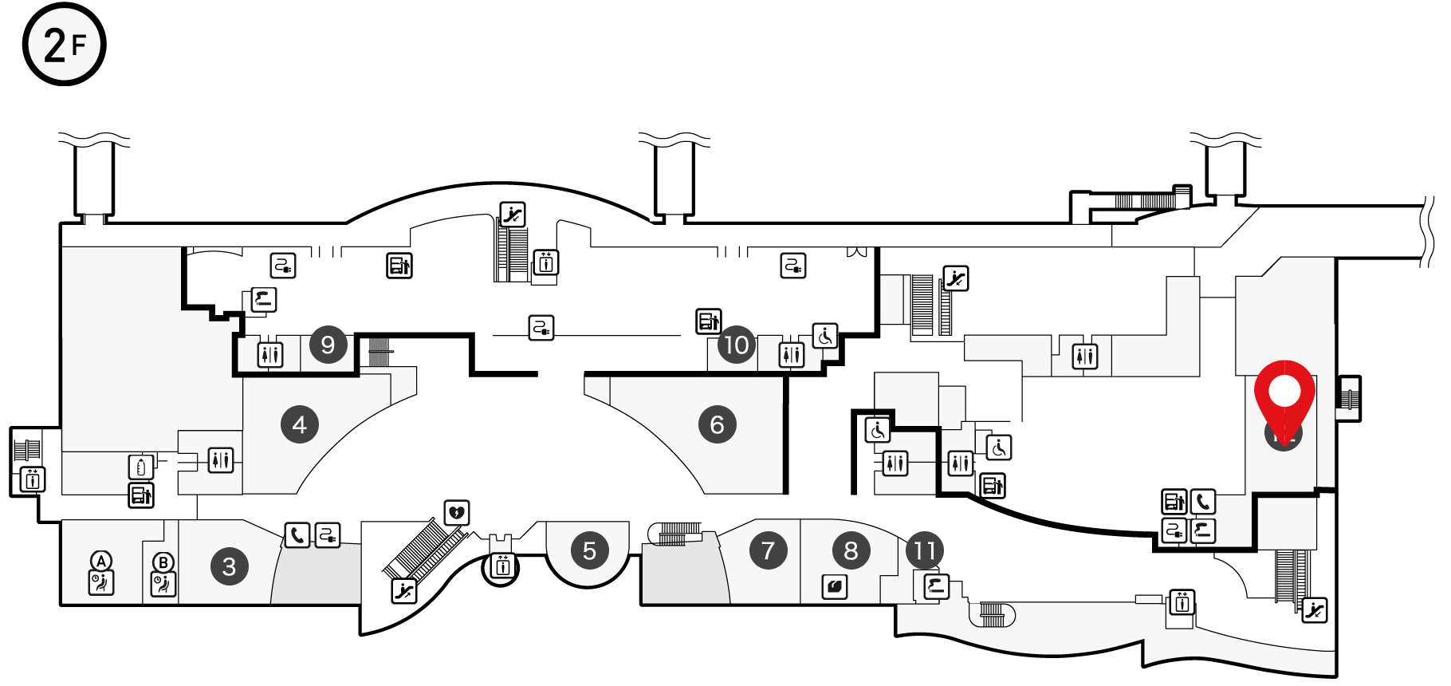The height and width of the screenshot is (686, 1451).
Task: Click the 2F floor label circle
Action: point(64,45)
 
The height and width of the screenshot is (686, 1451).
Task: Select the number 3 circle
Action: point(230,566)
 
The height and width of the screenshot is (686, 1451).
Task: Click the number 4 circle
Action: point(300,424)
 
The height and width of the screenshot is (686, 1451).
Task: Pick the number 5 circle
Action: point(589,550)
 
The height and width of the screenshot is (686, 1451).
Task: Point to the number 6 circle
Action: point(717,424)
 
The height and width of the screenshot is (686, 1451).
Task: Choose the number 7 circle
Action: point(768,550)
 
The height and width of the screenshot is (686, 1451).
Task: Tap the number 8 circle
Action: point(851,550)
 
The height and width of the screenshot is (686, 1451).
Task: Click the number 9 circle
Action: point(328,345)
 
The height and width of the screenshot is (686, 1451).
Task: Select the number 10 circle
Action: point(736,345)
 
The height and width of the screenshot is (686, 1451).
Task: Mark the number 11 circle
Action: point(925,550)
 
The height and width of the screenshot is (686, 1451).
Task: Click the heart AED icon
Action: point(457,512)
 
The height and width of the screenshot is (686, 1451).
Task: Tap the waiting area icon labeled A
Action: point(101,582)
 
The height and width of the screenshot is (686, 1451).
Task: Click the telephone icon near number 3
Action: point(297,534)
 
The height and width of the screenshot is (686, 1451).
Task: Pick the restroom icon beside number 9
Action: point(270,353)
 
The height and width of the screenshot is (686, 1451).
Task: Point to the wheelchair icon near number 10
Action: point(825,336)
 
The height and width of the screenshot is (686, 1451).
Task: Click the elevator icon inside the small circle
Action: point(502,566)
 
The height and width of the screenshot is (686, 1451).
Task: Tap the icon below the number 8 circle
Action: point(835,587)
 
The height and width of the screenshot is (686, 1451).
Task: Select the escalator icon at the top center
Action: point(513,214)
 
